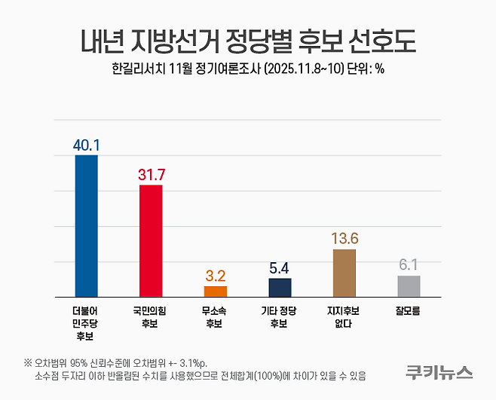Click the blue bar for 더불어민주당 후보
coord(87,225)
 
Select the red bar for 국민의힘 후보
coord(151,240)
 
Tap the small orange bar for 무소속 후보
coord(216,291)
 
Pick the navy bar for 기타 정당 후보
coord(280,287)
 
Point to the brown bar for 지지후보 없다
coord(344,273)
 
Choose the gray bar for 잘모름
coord(409,285)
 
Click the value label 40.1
coord(87,144)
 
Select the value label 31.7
coord(151,174)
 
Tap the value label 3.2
coord(216,275)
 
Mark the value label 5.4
coord(280,267)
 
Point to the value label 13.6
coord(344,238)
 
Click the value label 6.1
coord(409,264)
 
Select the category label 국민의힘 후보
coord(151,316)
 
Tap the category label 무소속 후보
coord(216,316)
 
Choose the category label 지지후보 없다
coord(344,316)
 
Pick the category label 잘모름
coord(409,310)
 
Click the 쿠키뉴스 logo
coord(438,371)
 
